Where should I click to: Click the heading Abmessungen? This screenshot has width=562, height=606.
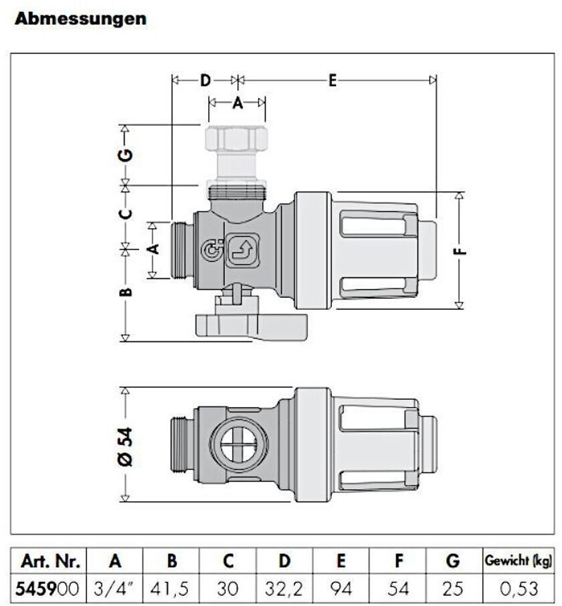(81, 19)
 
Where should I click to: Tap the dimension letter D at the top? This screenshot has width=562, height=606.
(205, 80)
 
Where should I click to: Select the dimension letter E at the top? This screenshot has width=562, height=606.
(333, 80)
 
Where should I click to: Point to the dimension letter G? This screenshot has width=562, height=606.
(126, 155)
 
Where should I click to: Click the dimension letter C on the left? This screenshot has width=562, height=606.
(126, 214)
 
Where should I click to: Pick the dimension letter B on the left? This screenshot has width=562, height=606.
(126, 292)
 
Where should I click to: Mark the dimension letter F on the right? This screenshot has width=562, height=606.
(460, 251)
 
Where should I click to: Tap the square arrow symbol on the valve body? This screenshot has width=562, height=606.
(242, 250)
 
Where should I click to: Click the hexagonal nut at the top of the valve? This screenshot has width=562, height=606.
(237, 138)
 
